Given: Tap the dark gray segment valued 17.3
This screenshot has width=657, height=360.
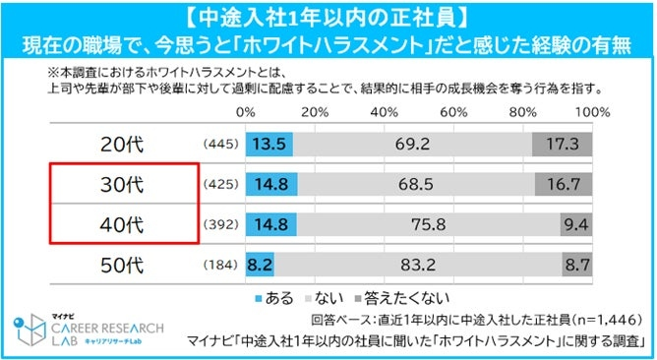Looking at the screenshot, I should tap(562, 144).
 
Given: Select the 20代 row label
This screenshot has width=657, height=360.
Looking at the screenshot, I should tap(122, 145).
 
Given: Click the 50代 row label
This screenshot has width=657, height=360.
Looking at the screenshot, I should tap(122, 264).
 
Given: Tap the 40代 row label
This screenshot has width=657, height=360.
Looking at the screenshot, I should tap(122, 223).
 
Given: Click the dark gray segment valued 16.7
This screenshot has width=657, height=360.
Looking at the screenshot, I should tap(563, 183).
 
